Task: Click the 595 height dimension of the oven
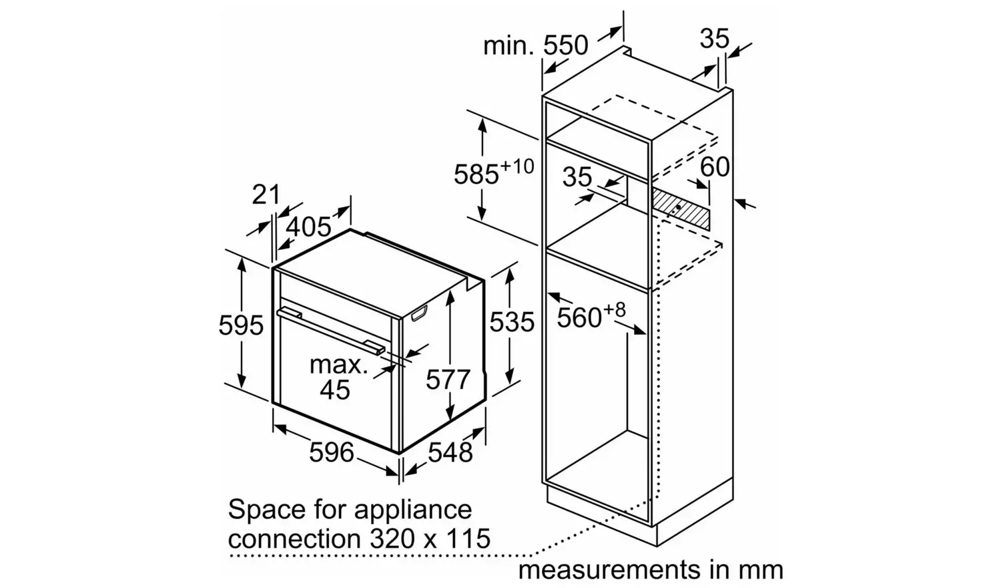tap(241, 325)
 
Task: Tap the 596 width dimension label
tap(331, 452)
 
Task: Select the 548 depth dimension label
tap(450, 452)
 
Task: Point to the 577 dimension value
tap(448, 380)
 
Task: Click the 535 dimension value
tap(512, 322)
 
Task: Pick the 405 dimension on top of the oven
tap(308, 227)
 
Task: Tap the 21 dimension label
tap(266, 194)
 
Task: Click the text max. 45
tap(337, 377)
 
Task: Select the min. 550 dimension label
tap(535, 45)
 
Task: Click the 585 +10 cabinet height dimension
tap(493, 172)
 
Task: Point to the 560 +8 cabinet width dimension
tap(591, 315)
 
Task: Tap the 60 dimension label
tap(714, 166)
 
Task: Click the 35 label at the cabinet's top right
tap(714, 39)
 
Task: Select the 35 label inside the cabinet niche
tap(577, 177)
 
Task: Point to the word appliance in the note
tap(412, 510)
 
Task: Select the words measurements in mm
tap(651, 570)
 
